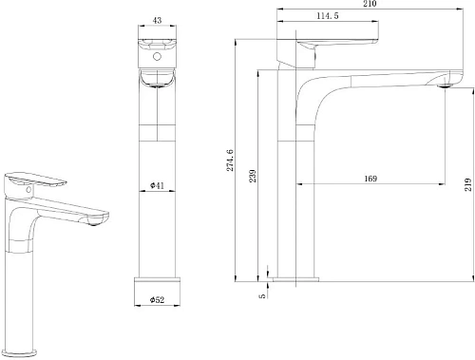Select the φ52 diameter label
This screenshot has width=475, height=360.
tap(156, 301)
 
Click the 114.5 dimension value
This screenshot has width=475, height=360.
tap(328, 15)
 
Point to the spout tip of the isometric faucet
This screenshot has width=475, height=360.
tap(99, 221)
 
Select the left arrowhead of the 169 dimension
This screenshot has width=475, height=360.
tap(300, 183)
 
